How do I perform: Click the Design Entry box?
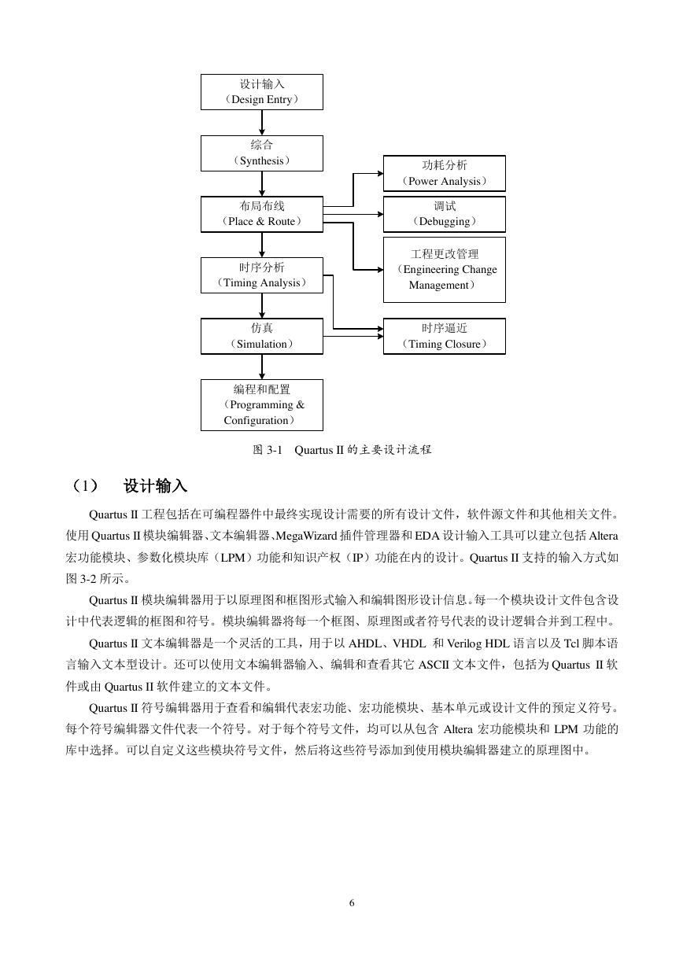[261, 92]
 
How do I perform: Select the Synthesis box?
[261, 153]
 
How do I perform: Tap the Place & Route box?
[261, 214]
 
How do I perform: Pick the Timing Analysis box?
[261, 275]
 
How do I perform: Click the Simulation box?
[261, 337]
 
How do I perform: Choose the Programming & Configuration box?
[261, 405]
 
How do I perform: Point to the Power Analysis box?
[445, 173]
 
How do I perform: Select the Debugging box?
[445, 214]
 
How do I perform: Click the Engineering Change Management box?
[445, 270]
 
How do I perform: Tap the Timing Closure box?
[445, 337]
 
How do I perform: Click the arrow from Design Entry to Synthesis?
[261, 123]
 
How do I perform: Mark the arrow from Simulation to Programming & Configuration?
[261, 367]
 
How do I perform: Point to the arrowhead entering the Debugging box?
[381, 214]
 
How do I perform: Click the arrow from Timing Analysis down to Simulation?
[261, 306]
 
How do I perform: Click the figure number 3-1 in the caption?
[274, 450]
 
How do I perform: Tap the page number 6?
[352, 903]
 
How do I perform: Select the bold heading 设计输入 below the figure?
[155, 486]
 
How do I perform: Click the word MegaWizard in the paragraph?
[306, 536]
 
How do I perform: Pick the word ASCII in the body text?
[434, 665]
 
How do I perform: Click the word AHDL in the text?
[364, 643]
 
